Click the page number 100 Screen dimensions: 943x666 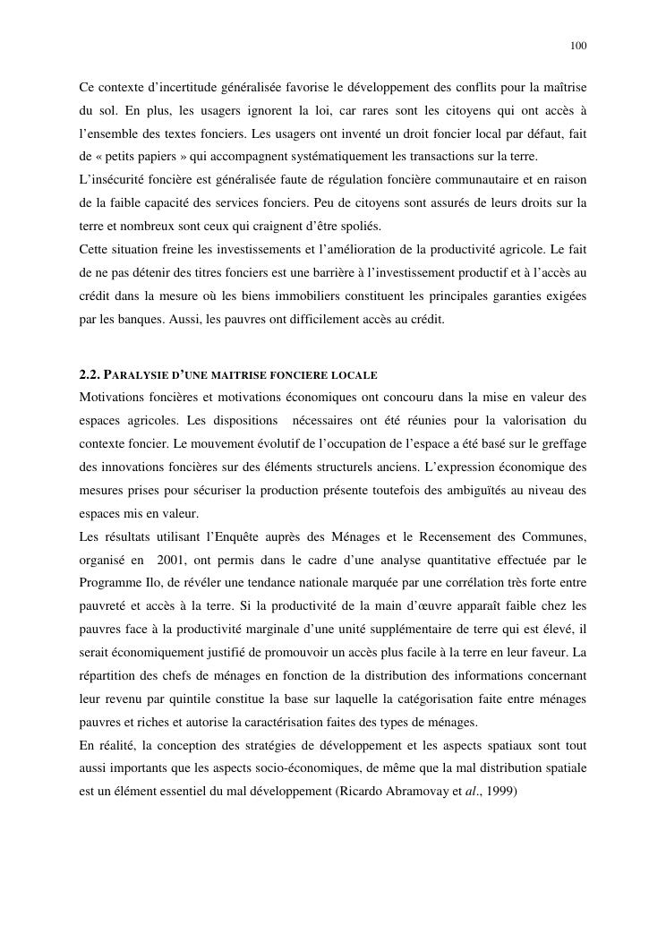click(577, 46)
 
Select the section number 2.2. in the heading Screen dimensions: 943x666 click(92, 374)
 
